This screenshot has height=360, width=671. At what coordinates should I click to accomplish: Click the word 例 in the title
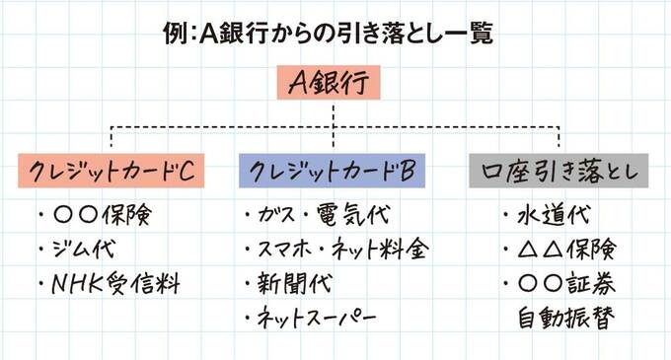click(x=175, y=35)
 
